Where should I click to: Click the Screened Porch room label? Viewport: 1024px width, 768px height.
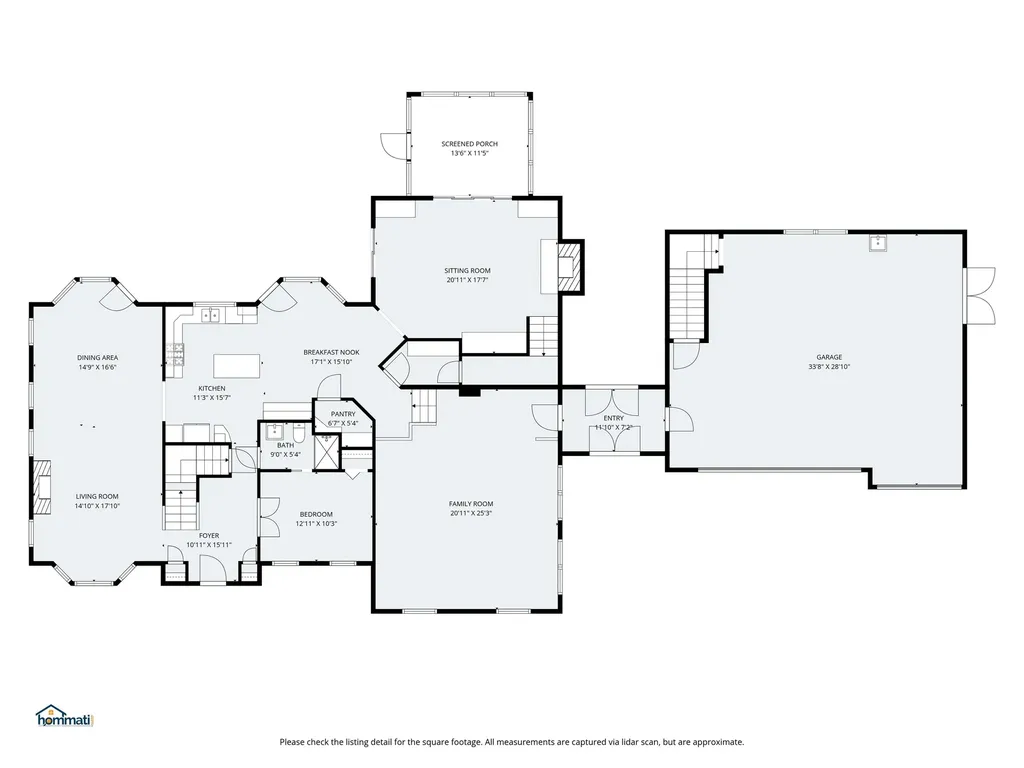coord(469,144)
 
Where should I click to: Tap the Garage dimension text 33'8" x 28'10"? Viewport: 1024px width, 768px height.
coord(828,367)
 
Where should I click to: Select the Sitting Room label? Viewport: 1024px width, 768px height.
coord(467,270)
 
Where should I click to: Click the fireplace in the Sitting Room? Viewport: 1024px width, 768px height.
coord(568,266)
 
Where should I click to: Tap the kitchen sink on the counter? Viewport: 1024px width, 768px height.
coord(212,316)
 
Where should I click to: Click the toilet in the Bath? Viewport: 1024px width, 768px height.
coord(299,433)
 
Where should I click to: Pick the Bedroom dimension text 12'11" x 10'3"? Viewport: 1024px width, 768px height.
coord(315,524)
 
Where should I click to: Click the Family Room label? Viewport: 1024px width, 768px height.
coord(470,503)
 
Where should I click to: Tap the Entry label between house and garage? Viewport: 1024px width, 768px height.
coord(613,418)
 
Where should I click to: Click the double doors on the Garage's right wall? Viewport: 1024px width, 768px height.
coord(982,296)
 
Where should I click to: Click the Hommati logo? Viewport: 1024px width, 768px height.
coord(63,717)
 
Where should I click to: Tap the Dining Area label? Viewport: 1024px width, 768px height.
coord(98,357)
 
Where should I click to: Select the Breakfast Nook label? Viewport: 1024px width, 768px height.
coord(331,352)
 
